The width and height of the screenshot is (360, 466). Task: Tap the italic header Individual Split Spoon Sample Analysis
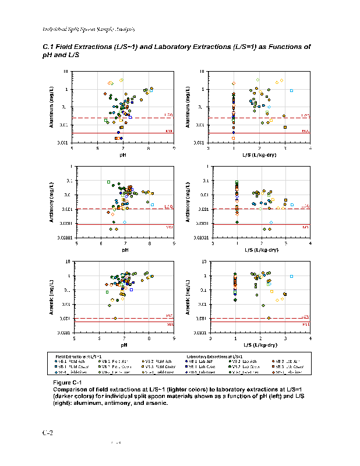[89, 29]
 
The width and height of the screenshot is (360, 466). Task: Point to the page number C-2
[48, 433]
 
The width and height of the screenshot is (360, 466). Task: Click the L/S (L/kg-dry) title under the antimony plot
[260, 249]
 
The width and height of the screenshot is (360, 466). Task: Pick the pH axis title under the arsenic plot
[124, 344]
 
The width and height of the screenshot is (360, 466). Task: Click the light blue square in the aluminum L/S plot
[291, 90]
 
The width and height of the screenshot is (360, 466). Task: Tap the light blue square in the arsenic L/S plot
[291, 276]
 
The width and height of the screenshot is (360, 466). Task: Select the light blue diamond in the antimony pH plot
[125, 223]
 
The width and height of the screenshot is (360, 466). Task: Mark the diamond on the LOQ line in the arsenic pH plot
[115, 318]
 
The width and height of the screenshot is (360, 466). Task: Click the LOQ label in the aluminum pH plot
[168, 115]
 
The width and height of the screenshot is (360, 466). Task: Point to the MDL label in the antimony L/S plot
[305, 227]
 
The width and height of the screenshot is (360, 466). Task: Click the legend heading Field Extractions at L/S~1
[79, 355]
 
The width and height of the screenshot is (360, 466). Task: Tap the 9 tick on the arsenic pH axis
[174, 338]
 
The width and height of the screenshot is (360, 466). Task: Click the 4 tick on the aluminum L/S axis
[310, 148]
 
